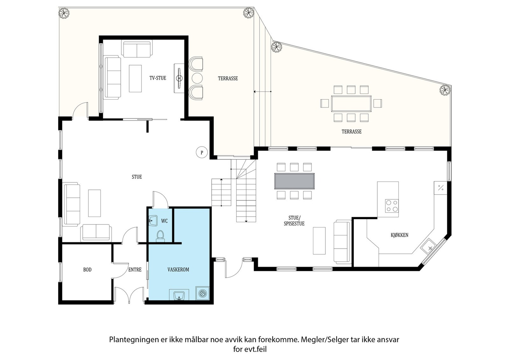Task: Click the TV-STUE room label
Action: pyautogui.click(x=158, y=78)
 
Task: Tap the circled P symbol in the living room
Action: pyautogui.click(x=202, y=152)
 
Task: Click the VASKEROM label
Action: pyautogui.click(x=178, y=270)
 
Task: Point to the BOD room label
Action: pyautogui.click(x=87, y=270)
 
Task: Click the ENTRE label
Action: pyautogui.click(x=135, y=270)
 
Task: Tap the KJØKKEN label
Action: pyautogui.click(x=400, y=235)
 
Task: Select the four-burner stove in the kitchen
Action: pyautogui.click(x=392, y=206)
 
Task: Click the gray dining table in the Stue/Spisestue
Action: pyautogui.click(x=295, y=181)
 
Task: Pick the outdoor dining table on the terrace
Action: pyautogui.click(x=351, y=104)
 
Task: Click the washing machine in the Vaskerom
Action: pyautogui.click(x=202, y=293)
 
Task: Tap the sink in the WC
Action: pyautogui.click(x=153, y=220)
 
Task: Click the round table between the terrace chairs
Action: pyautogui.click(x=197, y=78)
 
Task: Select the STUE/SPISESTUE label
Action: pyautogui.click(x=294, y=221)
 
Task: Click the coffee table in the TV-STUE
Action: pyautogui.click(x=135, y=78)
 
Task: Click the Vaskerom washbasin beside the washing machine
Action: pyautogui.click(x=179, y=295)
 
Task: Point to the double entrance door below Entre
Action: pyautogui.click(x=129, y=295)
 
